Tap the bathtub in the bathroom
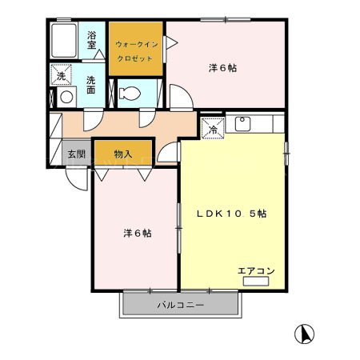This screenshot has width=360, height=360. [64, 38]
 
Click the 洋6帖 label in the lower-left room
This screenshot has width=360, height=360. [138, 234]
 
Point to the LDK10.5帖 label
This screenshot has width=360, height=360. [232, 214]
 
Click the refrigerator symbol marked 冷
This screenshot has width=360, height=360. [214, 129]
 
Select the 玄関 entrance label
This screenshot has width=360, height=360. [76, 154]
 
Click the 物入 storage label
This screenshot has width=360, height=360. [123, 154]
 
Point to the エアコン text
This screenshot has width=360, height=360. [256, 270]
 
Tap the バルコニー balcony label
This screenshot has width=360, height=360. [180, 306]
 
